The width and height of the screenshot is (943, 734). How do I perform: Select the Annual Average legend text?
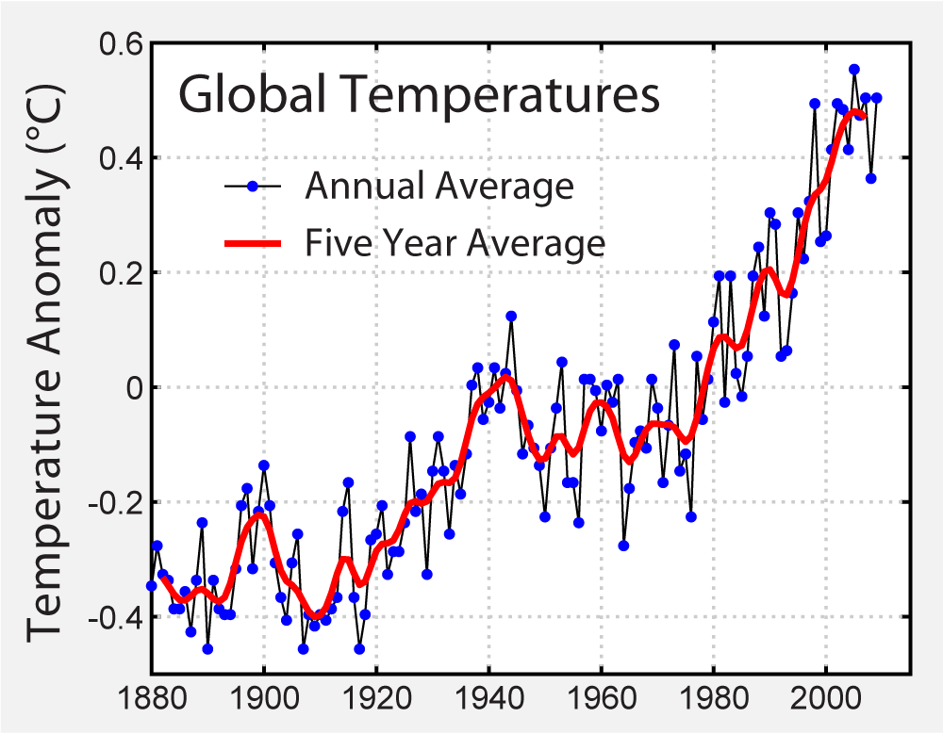[x=438, y=186]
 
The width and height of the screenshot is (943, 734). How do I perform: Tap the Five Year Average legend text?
[x=454, y=243]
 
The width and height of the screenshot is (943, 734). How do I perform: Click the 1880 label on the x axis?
[x=151, y=704]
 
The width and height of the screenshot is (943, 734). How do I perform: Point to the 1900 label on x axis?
[x=263, y=704]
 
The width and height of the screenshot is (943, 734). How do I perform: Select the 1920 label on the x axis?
[x=376, y=704]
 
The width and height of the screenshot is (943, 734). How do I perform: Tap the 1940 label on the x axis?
[x=488, y=704]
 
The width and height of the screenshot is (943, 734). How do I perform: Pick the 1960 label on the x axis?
[x=601, y=704]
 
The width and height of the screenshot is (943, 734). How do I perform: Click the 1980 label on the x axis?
[x=714, y=704]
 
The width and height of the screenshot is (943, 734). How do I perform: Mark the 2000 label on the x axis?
[x=826, y=704]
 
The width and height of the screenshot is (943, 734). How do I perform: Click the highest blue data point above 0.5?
[x=853, y=69]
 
